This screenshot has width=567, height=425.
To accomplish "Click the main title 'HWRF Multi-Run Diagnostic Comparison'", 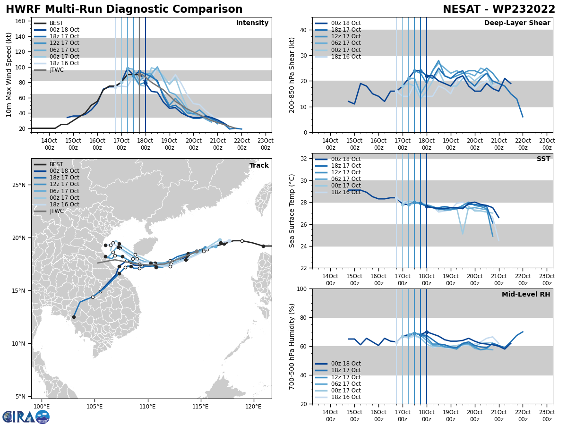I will pos(124,9).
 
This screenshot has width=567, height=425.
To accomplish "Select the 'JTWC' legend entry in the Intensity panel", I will pos(56,70).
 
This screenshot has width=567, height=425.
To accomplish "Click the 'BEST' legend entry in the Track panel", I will pos(56,164).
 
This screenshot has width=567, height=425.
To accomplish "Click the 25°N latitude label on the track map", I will pos(19,185).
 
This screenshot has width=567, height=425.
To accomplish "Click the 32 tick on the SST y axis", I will pos(305,159).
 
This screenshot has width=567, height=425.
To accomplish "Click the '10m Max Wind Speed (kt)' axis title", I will pos(9,75).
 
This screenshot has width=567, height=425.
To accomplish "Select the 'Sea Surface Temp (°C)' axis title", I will pos(292,211).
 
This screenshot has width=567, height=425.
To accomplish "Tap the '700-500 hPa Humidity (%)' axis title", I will pos(292,346).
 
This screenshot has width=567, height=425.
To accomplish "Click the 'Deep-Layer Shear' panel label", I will pos(517,23).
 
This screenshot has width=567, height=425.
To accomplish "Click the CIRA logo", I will pos(26,416).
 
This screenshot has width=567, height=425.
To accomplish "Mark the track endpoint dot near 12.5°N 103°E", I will pos(74,317).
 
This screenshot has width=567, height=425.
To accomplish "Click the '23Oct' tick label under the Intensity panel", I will pos(266,144).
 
